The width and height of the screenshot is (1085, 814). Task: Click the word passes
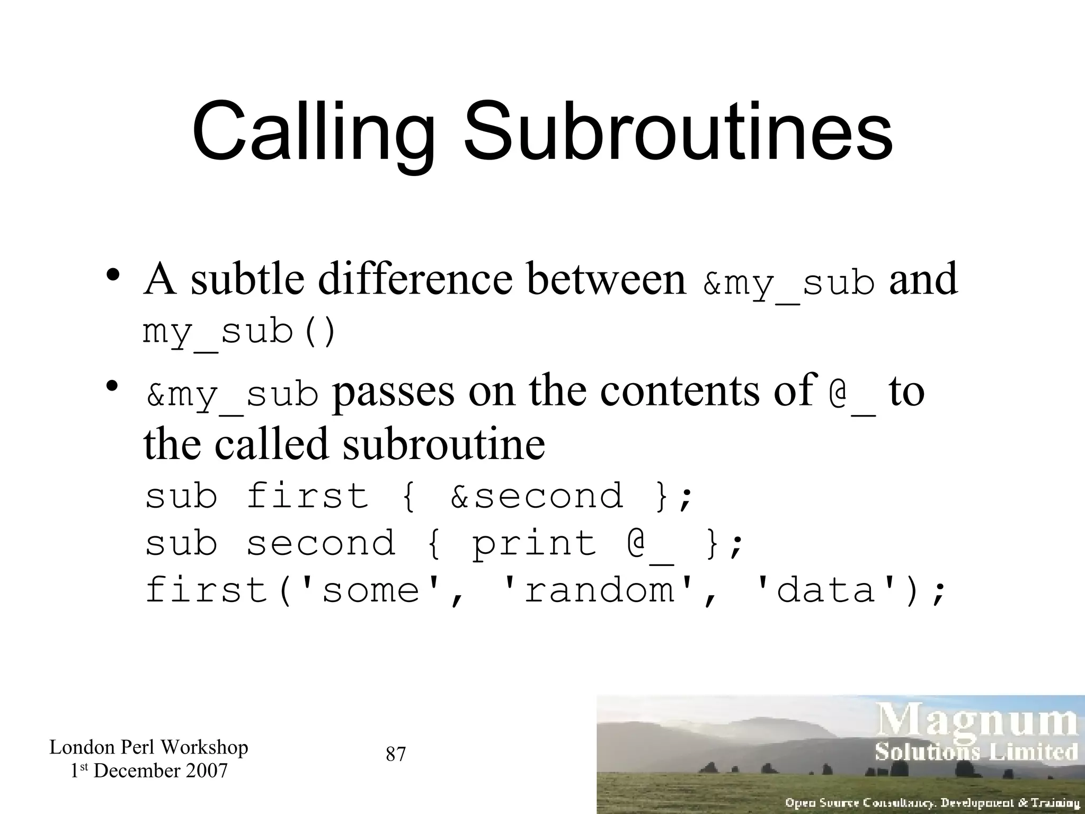(x=393, y=391)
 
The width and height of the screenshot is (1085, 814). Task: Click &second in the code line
(x=537, y=496)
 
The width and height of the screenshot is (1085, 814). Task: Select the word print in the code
(x=534, y=544)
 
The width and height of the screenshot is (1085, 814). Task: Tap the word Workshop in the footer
(x=204, y=747)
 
